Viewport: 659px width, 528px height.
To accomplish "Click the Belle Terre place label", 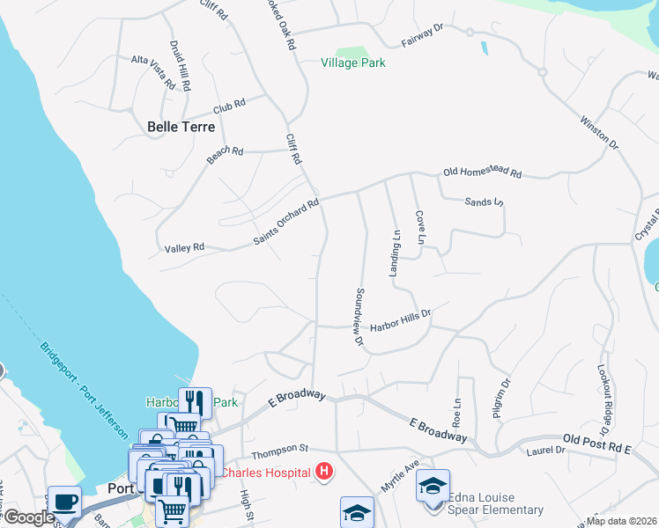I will point(181,127).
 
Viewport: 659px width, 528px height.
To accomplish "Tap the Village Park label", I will point(353,62).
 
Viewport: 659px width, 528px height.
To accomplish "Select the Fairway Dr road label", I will point(422,35).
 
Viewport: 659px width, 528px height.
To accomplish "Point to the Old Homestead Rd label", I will point(483,173).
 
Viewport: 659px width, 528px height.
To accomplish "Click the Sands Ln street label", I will point(483,202).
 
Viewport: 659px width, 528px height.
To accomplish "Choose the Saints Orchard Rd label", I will point(285,222).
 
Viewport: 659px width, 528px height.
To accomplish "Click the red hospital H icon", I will point(324,473).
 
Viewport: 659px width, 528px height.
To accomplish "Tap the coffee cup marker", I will point(64,502).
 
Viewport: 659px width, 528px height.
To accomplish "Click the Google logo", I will point(29,517).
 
